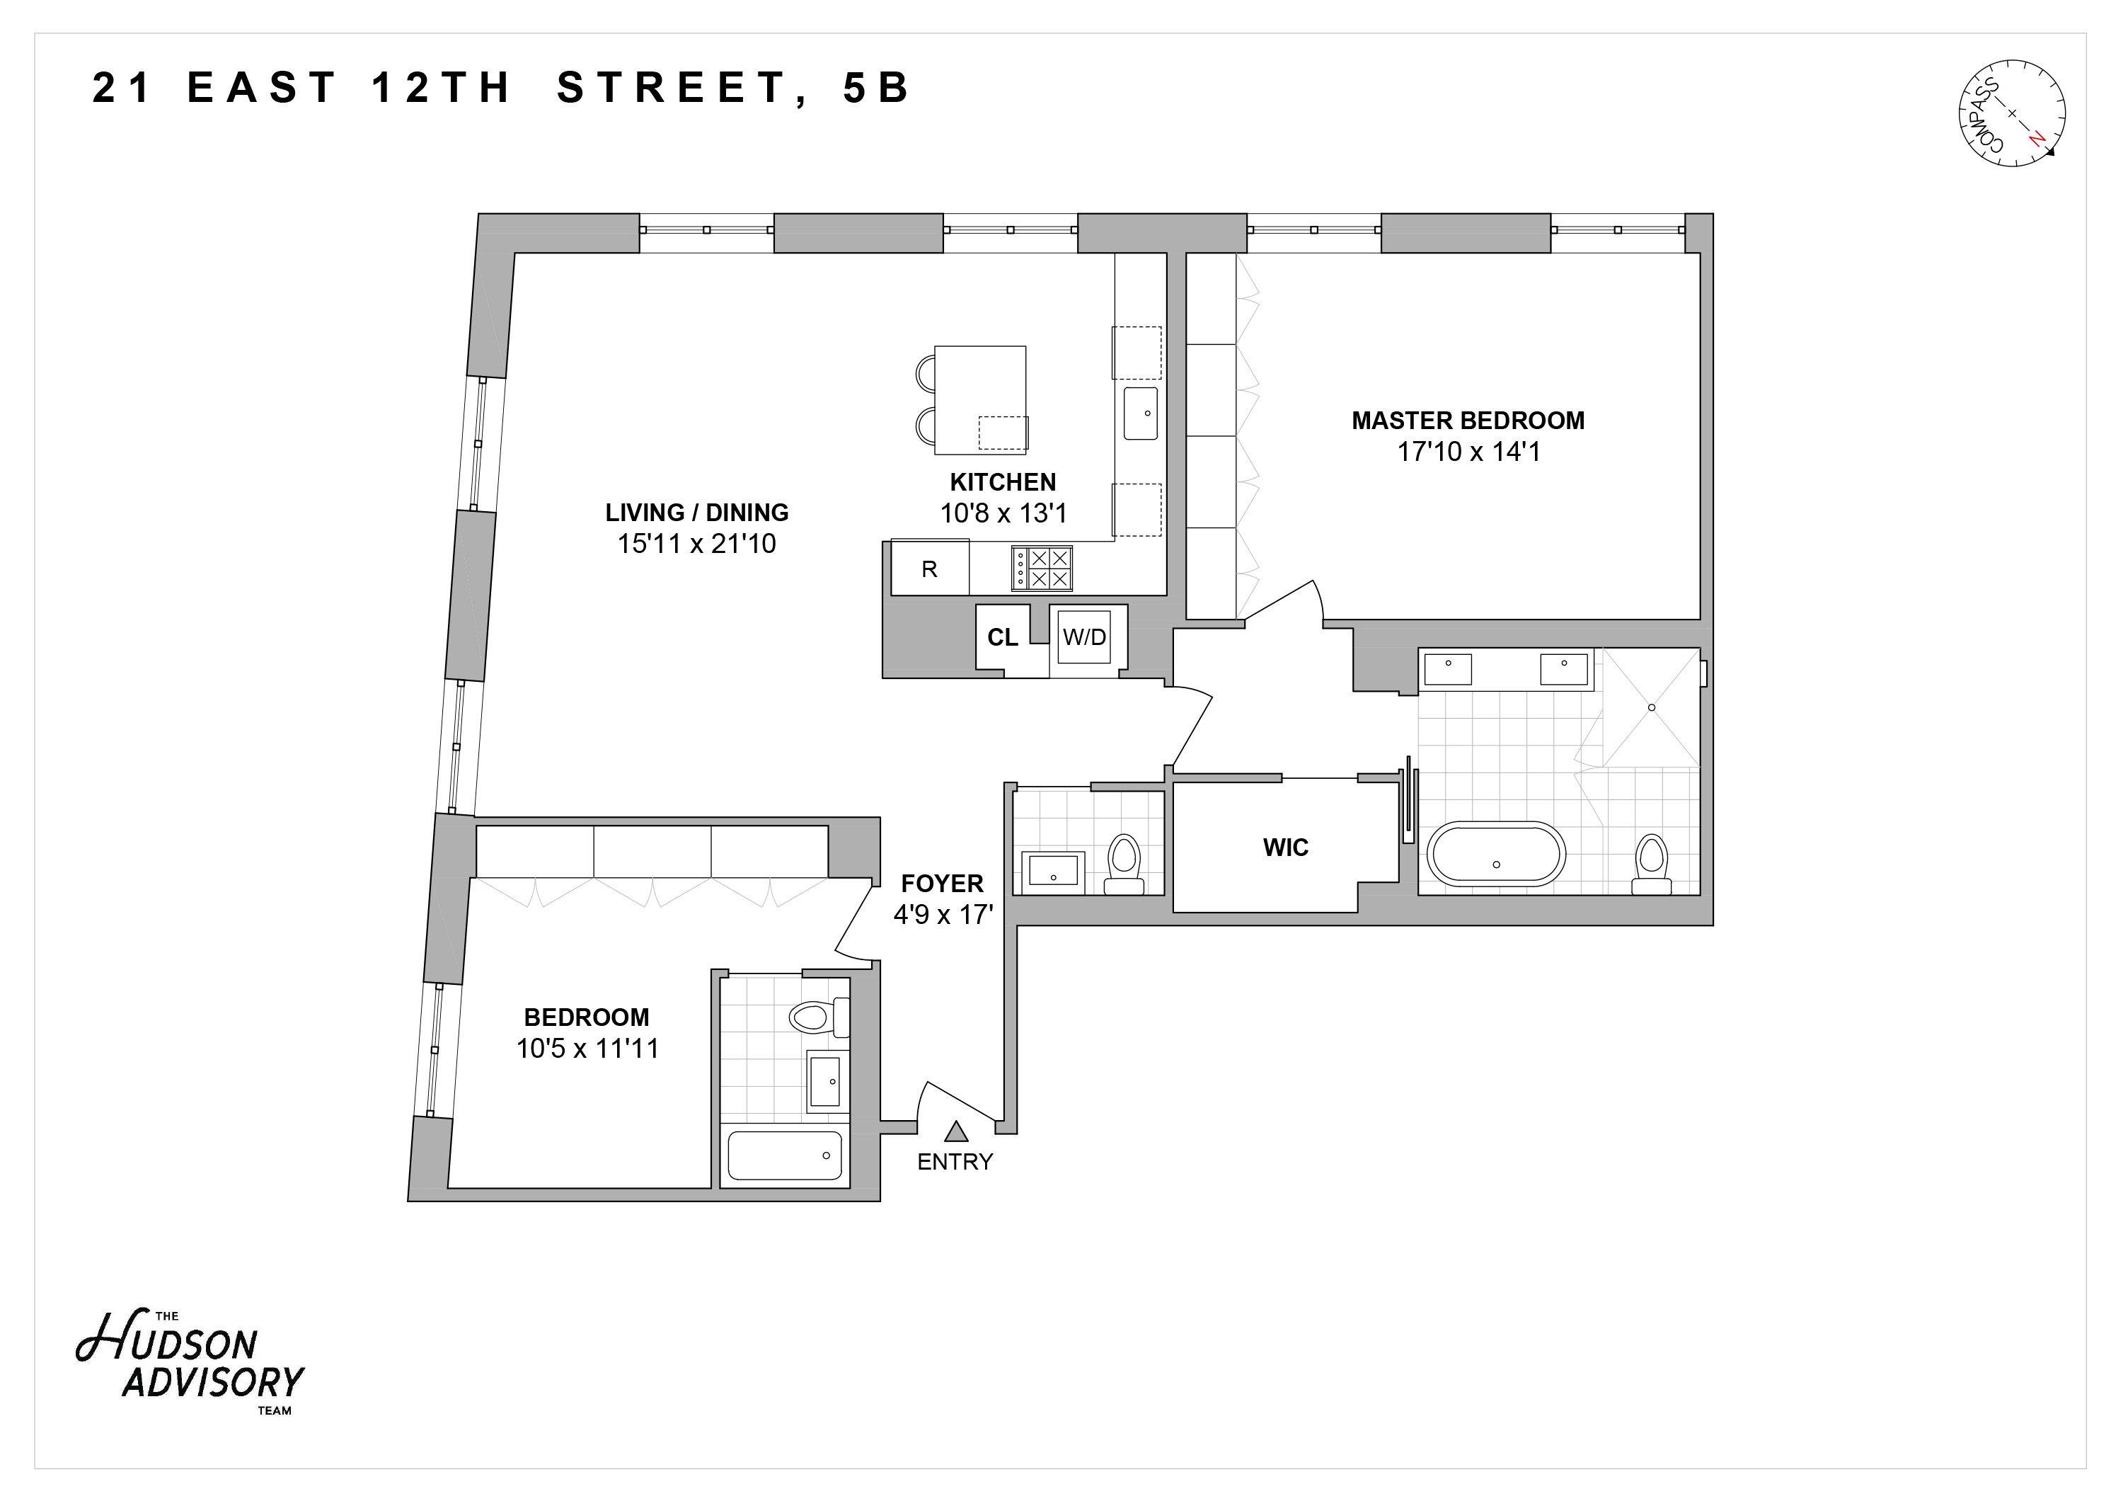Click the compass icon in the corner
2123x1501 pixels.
[2011, 126]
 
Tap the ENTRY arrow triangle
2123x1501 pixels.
[956, 1131]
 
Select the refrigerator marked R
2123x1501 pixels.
[929, 569]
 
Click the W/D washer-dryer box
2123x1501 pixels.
[1083, 637]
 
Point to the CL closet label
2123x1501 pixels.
[1002, 637]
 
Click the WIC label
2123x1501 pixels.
[1285, 847]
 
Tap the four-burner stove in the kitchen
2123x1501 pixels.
[1042, 568]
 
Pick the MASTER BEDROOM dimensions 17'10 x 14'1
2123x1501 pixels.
[1468, 452]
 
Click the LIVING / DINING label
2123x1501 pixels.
[696, 513]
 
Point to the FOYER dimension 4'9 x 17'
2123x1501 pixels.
[942, 915]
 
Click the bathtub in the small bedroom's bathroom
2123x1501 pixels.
[784, 1155]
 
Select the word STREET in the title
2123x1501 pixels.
[670, 88]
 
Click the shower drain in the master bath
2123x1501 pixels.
[1652, 707]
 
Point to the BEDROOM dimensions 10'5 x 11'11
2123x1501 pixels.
[587, 1049]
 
